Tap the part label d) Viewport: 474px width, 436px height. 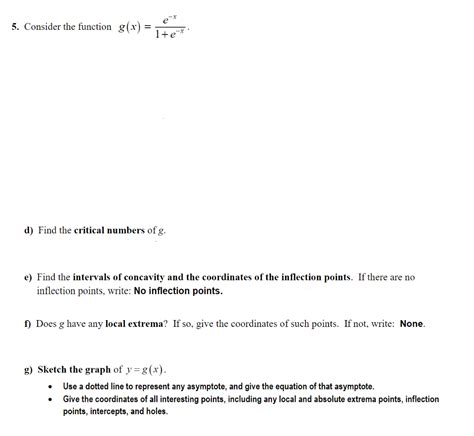click(x=29, y=231)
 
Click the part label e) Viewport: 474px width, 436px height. click(x=29, y=277)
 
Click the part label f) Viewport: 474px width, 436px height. click(x=29, y=324)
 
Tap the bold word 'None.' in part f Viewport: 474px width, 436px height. click(x=412, y=324)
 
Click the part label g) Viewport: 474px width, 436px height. click(x=29, y=369)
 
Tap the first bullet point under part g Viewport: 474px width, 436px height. click(x=50, y=385)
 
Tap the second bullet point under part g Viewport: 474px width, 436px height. click(x=50, y=398)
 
